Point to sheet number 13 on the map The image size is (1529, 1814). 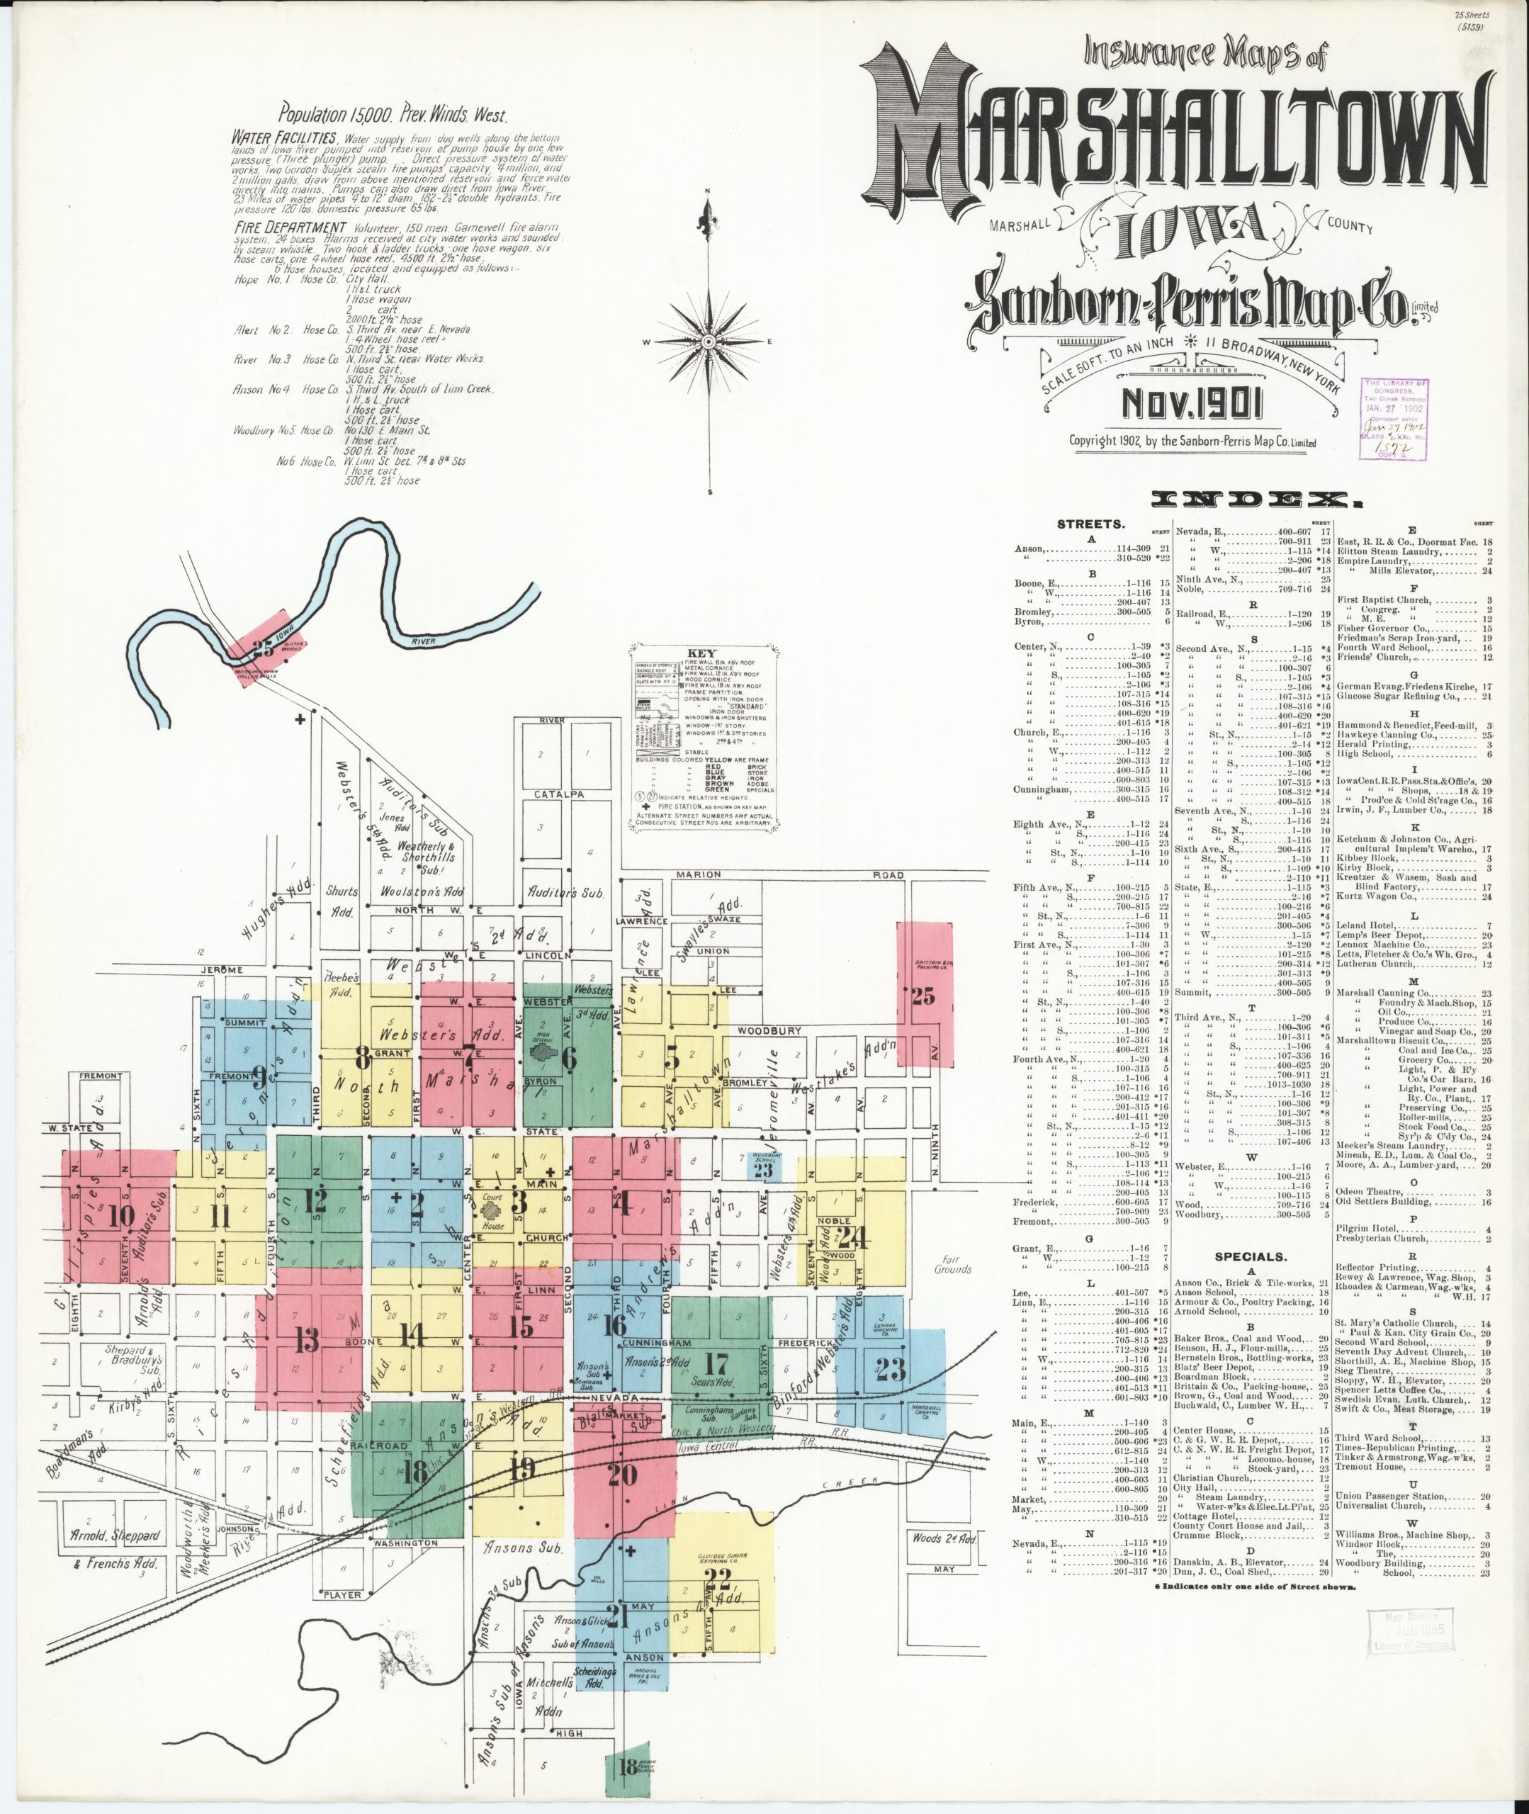tap(307, 1341)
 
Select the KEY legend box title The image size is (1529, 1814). tap(700, 653)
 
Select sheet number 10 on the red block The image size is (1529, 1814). tap(120, 1217)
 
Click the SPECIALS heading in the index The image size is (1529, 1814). tap(1250, 1256)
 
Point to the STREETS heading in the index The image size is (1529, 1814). tap(1091, 524)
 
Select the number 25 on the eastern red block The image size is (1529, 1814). tap(923, 997)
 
